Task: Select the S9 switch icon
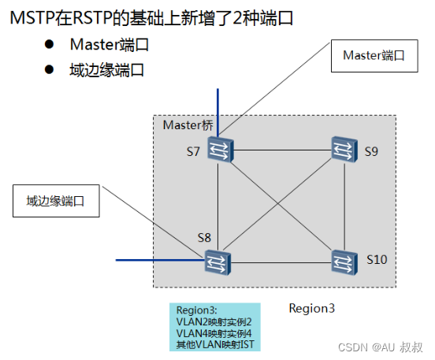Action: click(343, 148)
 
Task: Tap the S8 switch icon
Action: click(216, 260)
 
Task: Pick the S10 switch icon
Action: click(343, 260)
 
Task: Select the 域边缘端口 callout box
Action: click(57, 202)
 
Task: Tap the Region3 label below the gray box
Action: click(311, 308)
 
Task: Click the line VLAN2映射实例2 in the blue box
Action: click(214, 321)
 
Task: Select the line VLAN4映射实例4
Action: click(214, 333)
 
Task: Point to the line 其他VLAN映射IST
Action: click(214, 344)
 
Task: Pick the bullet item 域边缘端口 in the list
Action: click(107, 69)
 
